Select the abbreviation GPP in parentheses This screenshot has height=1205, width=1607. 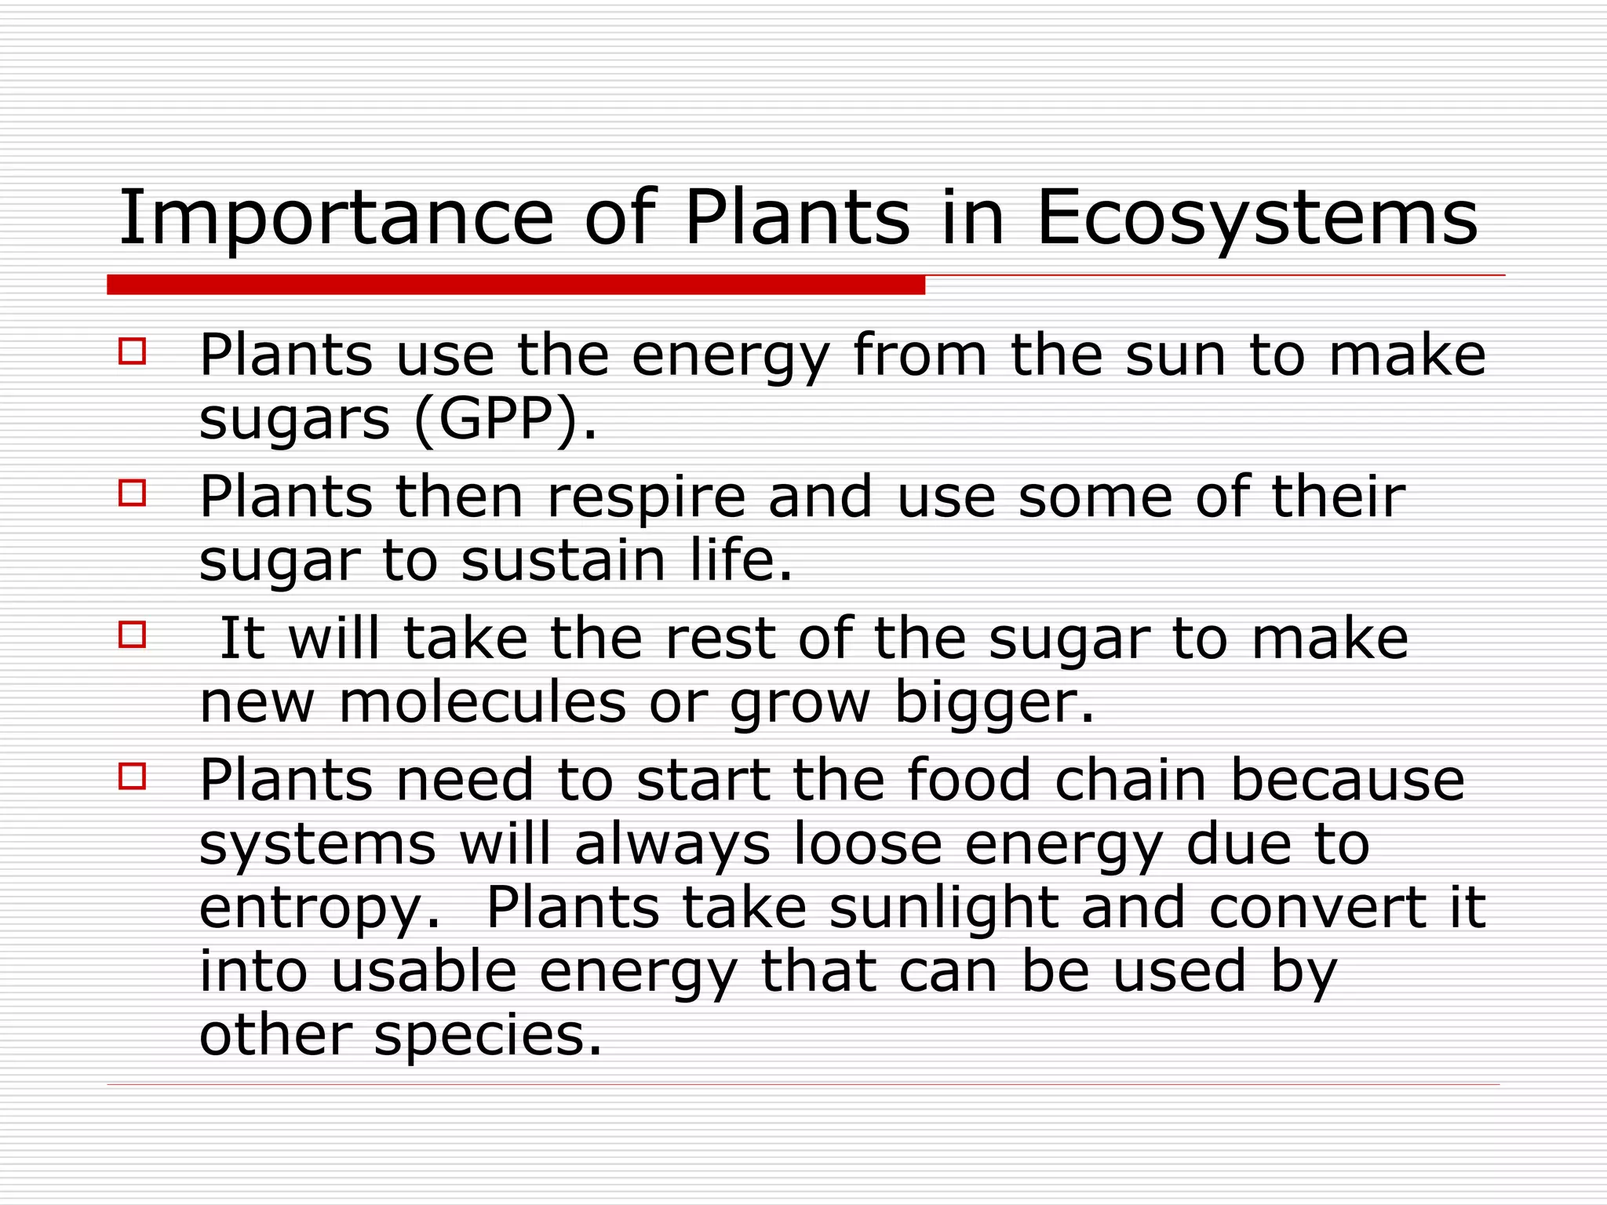click(x=496, y=420)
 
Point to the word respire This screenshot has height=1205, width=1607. click(x=646, y=497)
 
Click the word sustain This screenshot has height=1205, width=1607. click(x=563, y=560)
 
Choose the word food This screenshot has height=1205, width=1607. click(x=969, y=780)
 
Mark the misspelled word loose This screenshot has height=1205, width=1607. click(x=868, y=843)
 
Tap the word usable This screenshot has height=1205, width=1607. click(x=424, y=970)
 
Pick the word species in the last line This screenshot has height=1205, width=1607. click(x=487, y=1034)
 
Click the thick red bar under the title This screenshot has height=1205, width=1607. click(x=516, y=285)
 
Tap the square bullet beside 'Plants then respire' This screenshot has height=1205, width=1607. click(x=133, y=493)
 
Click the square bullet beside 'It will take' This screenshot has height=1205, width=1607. click(x=133, y=634)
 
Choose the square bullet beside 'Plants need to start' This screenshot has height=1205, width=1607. click(x=133, y=776)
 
